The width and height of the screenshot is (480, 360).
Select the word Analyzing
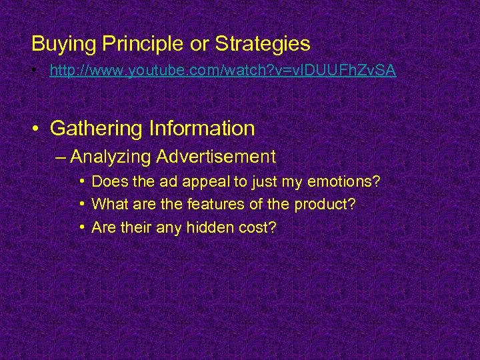pos(111,157)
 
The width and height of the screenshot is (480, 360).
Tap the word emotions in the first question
pos(347,181)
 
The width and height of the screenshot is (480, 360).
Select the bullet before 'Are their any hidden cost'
pos(80,227)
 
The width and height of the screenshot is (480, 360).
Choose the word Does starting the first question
pos(108,181)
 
